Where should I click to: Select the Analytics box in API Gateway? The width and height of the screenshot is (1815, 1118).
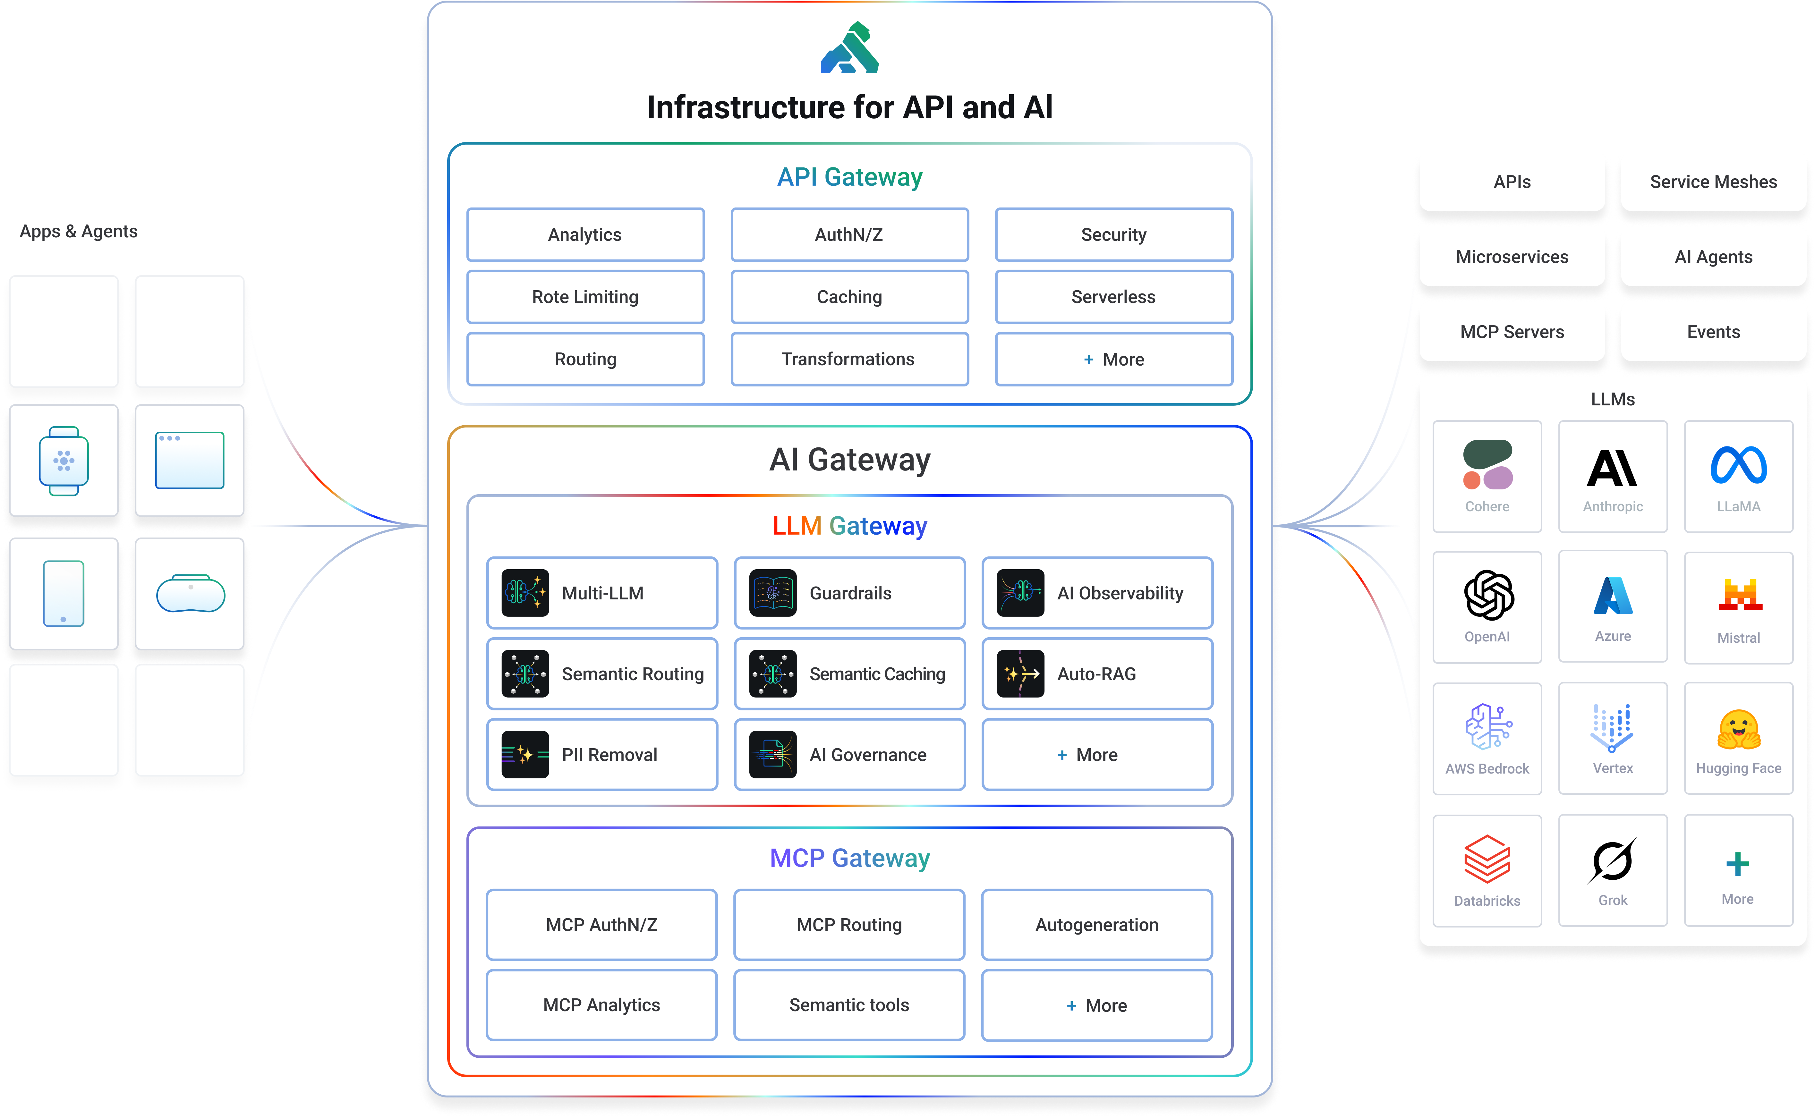pyautogui.click(x=585, y=234)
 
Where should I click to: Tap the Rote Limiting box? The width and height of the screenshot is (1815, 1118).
pyautogui.click(x=585, y=297)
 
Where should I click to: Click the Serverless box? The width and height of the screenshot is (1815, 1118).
pyautogui.click(x=1113, y=297)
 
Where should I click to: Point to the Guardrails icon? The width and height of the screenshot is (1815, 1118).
pyautogui.click(x=772, y=593)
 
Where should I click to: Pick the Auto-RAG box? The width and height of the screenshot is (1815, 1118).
pyautogui.click(x=1097, y=673)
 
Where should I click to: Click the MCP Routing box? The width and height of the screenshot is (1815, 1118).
pyautogui.click(x=849, y=924)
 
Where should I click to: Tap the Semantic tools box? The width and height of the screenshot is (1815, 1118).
pyautogui.click(x=849, y=1005)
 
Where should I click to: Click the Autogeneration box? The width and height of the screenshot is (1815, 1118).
pyautogui.click(x=1097, y=924)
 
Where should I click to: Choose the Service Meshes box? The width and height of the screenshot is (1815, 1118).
pyautogui.click(x=1713, y=182)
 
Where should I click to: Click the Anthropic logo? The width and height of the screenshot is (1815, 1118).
pyautogui.click(x=1612, y=468)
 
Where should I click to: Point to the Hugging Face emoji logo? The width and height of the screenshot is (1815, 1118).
pyautogui.click(x=1738, y=730)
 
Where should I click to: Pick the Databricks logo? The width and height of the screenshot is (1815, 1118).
pyautogui.click(x=1487, y=859)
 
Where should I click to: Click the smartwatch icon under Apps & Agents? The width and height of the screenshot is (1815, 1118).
pyautogui.click(x=64, y=461)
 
